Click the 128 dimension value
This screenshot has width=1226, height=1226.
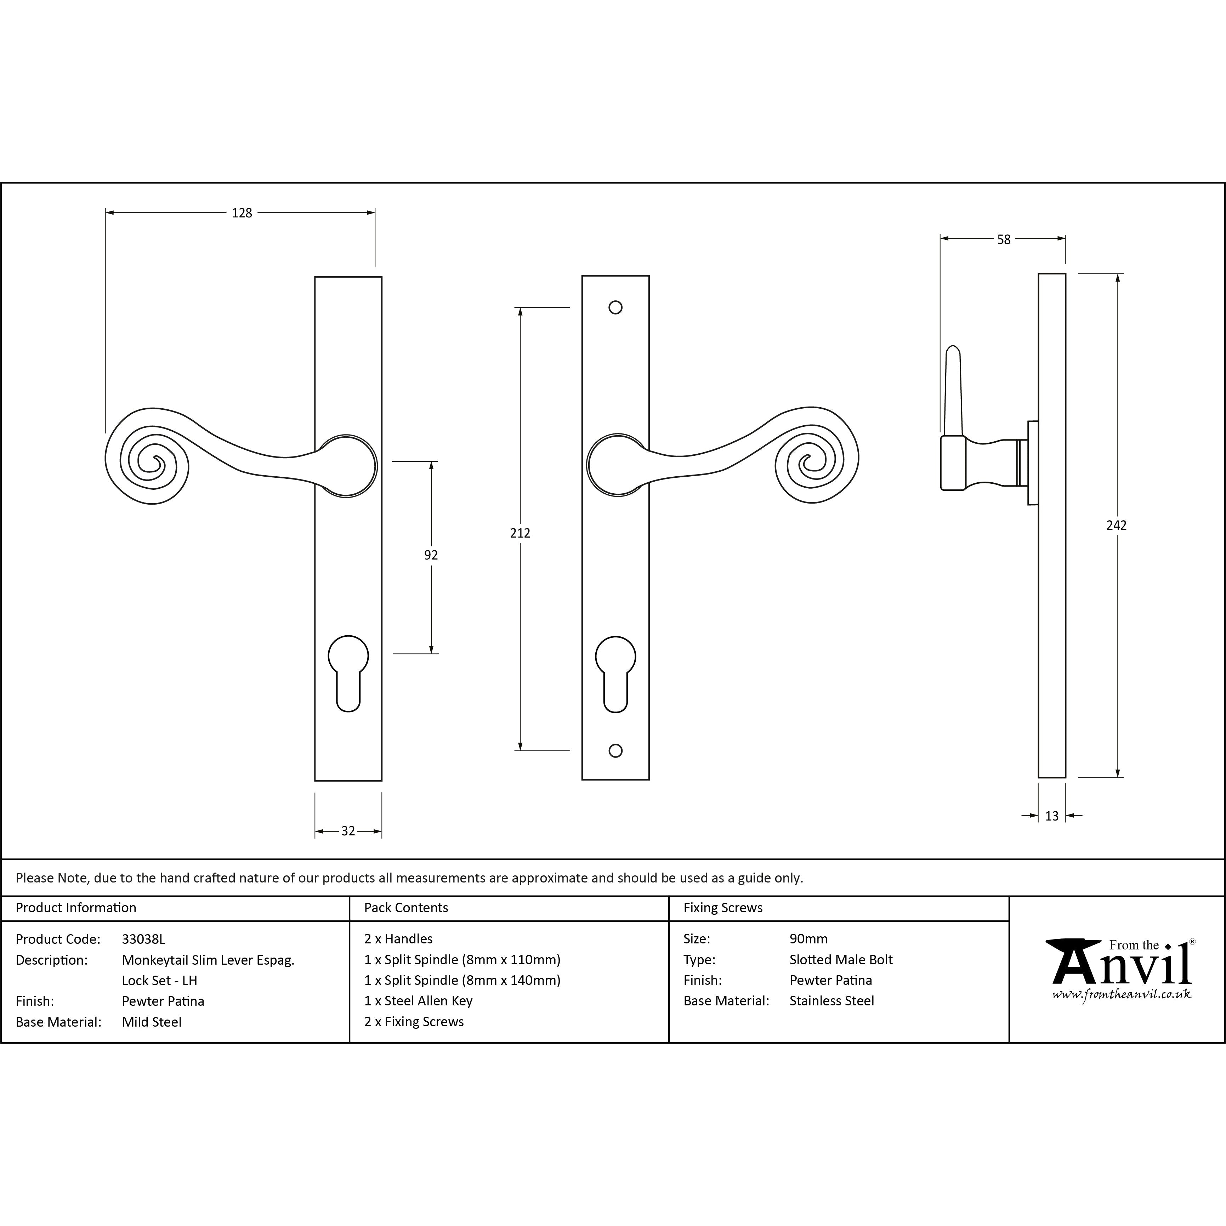point(242,213)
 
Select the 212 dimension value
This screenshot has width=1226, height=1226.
point(520,533)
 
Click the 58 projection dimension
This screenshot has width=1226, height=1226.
point(1003,239)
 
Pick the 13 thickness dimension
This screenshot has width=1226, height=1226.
point(1051,816)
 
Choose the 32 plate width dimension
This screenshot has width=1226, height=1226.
point(348,831)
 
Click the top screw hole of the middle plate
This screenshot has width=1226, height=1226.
point(615,308)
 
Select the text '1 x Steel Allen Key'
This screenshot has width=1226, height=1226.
point(418,1001)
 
